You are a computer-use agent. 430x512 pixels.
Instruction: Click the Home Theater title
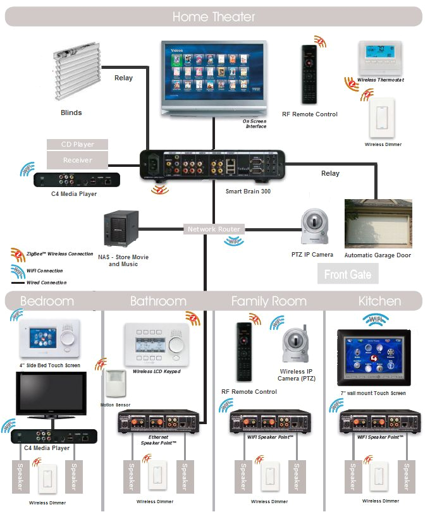(x=214, y=16)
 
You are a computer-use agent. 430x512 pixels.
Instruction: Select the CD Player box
(x=77, y=145)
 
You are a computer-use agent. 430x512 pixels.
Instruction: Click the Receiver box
(x=77, y=161)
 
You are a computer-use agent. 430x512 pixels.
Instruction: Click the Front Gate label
(x=347, y=274)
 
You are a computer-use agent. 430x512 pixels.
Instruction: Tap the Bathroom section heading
(x=158, y=301)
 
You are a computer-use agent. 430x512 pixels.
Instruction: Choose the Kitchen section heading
(x=379, y=301)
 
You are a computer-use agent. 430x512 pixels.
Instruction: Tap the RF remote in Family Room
(x=244, y=353)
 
